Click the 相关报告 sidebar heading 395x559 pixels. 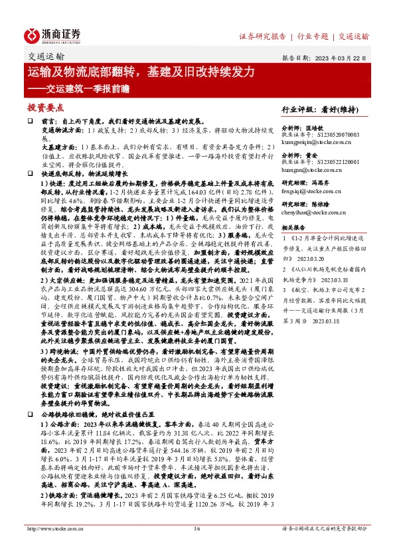point(296,227)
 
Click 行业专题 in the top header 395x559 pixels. point(313,36)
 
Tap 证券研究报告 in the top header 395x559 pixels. point(262,36)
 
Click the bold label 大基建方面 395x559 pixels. point(51,145)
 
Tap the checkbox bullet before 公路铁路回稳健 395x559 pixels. point(29,414)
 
